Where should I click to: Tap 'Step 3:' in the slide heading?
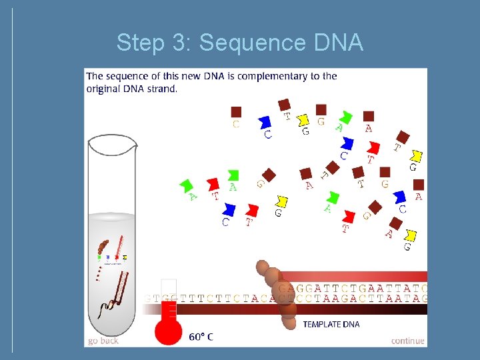pos(155,43)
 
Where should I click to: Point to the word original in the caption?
pos(105,89)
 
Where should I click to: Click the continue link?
pos(407,340)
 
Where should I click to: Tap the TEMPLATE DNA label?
pos(331,324)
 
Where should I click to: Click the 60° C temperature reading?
pos(201,337)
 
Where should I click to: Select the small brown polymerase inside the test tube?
pos(105,247)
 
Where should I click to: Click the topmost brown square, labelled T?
pos(285,105)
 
